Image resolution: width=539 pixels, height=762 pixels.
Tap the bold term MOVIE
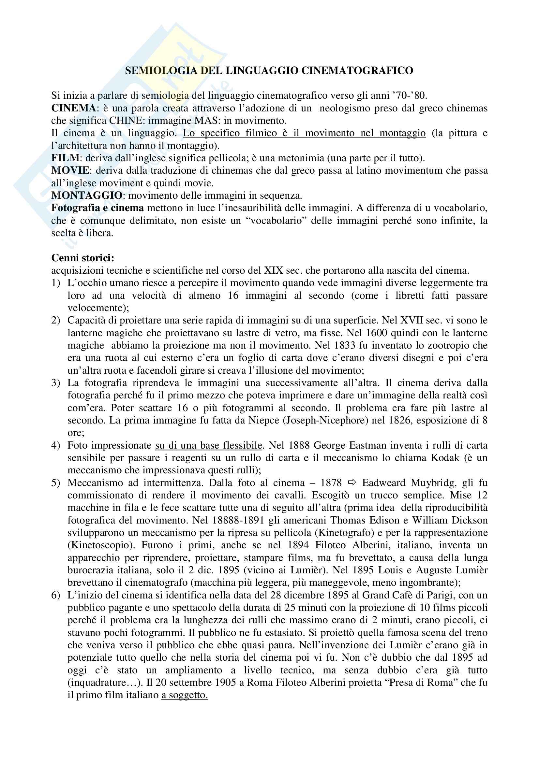(70, 171)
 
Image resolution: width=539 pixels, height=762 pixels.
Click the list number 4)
(55, 445)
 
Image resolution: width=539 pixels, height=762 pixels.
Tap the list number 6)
(55, 596)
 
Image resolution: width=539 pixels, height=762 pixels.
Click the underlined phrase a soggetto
(184, 695)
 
